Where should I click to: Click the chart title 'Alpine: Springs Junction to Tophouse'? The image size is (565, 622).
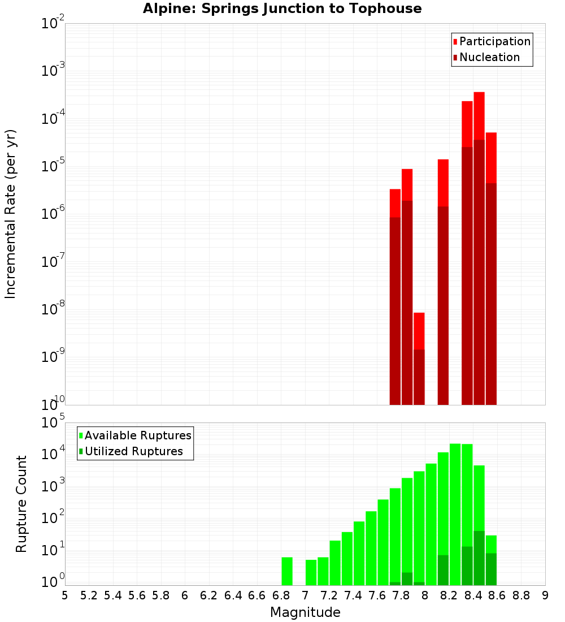282,8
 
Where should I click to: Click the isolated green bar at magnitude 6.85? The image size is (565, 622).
287,571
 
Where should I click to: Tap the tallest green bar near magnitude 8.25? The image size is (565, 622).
455,509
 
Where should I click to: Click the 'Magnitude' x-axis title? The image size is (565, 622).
305,612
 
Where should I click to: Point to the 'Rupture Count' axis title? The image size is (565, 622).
21,503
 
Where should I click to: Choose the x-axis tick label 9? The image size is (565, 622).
545,595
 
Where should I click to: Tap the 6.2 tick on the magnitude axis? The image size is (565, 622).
209,595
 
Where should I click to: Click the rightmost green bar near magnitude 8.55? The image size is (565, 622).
491,560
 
